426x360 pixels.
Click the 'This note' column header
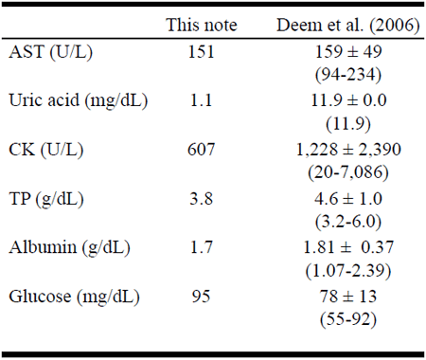202,25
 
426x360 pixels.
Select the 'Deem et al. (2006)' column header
348,25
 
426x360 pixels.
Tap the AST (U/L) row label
51,51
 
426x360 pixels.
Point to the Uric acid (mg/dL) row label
79,100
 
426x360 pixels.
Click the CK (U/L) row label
46,150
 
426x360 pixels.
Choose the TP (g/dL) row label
46,199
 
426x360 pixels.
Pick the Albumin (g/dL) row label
69,247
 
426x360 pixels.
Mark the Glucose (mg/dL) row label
74,297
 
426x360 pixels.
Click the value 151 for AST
202,51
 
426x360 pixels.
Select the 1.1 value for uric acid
202,100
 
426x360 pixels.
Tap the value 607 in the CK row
202,150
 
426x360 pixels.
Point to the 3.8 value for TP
202,199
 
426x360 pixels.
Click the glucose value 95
202,297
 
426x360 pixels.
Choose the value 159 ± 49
348,51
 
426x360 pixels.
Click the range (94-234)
348,75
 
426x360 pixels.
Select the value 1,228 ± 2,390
348,150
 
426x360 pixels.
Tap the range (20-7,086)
348,172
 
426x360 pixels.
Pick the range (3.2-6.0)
348,222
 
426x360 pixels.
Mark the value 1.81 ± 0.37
348,247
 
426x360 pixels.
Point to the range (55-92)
348,319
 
